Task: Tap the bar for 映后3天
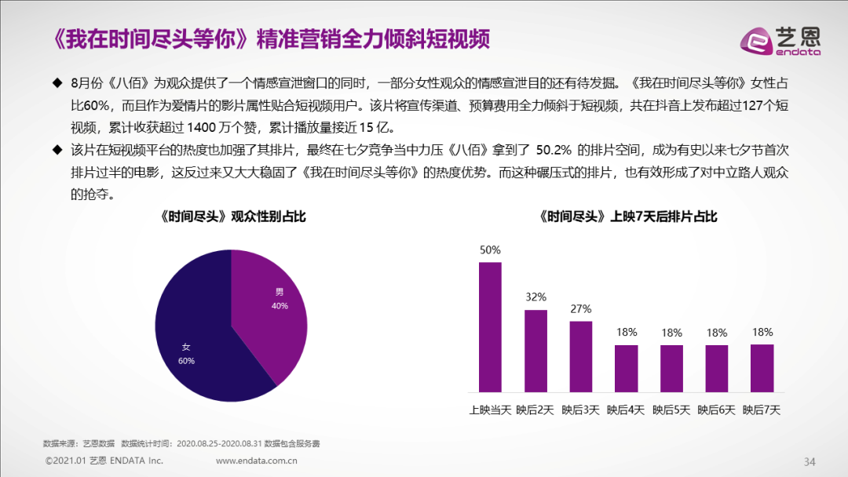(x=580, y=356)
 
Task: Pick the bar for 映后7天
(x=762, y=368)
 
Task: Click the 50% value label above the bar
(x=490, y=250)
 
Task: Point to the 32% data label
(x=535, y=297)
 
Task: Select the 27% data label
(x=580, y=308)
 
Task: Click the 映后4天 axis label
(x=626, y=410)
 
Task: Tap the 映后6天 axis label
(x=716, y=410)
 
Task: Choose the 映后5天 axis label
(x=671, y=410)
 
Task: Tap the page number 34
(x=810, y=460)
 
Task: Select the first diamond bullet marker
(x=57, y=83)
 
